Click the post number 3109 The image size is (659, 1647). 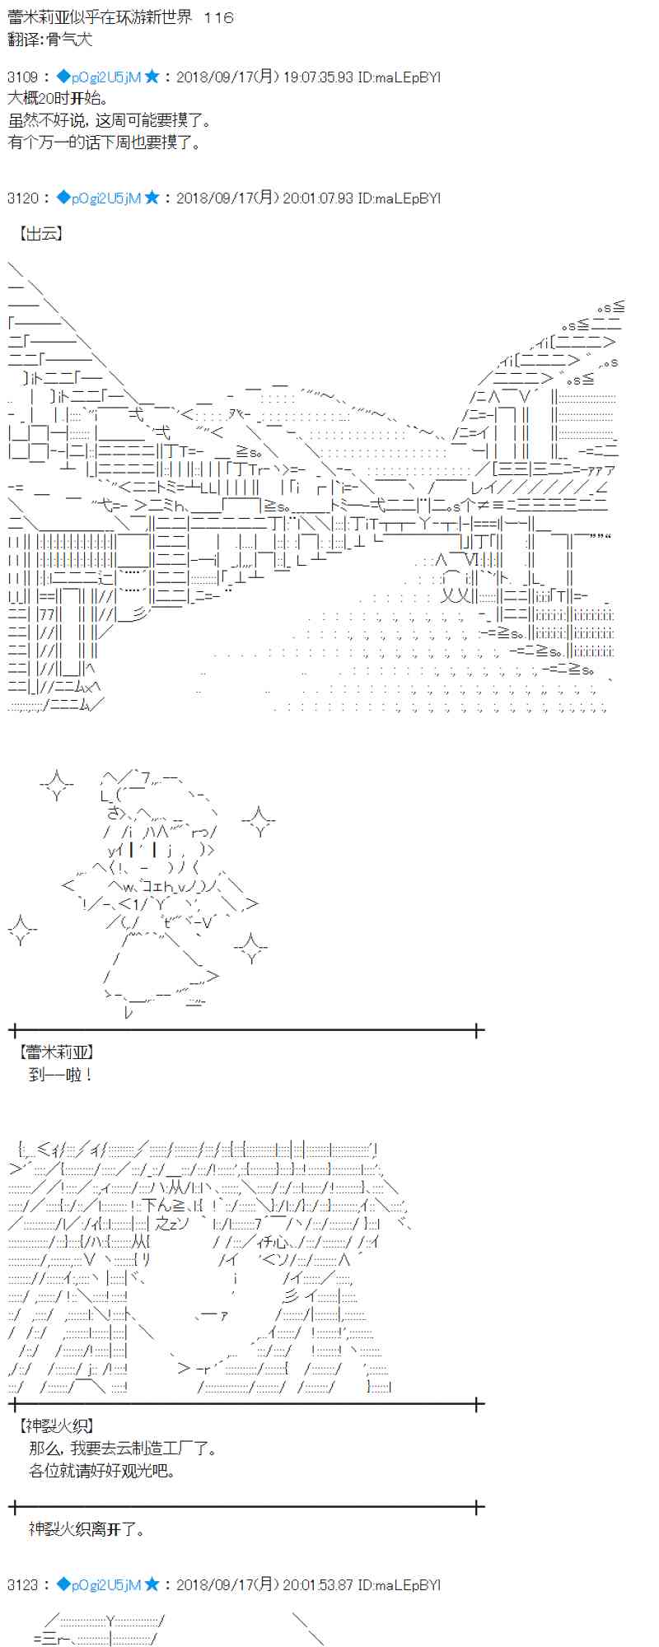click(23, 77)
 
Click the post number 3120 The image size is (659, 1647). click(23, 198)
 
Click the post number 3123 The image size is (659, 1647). click(23, 1584)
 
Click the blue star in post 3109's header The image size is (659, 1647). click(152, 77)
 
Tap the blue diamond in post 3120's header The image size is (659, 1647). click(63, 198)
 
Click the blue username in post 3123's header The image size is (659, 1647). click(106, 1584)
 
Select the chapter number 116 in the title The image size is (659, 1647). click(217, 17)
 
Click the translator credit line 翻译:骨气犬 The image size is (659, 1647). click(50, 39)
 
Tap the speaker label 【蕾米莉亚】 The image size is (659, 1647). click(57, 1052)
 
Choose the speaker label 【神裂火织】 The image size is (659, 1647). click(57, 1425)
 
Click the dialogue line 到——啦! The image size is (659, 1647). click(61, 1074)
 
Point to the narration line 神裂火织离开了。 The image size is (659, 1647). click(87, 1529)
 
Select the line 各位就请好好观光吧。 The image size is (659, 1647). click(102, 1470)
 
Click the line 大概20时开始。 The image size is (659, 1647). click(58, 99)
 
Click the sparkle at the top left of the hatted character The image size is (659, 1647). click(56, 784)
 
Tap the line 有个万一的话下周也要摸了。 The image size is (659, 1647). click(105, 142)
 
